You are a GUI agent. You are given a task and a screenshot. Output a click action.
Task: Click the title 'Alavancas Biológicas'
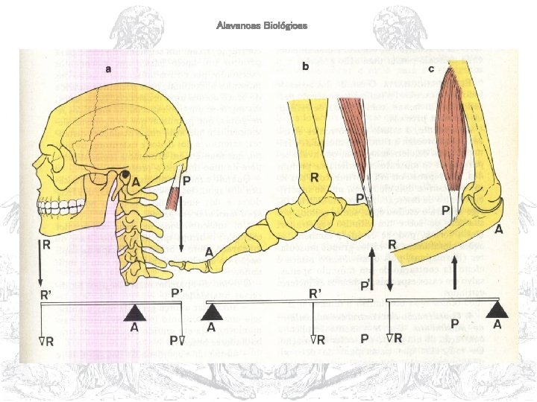262,26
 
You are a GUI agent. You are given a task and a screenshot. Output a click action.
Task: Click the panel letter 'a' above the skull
108,70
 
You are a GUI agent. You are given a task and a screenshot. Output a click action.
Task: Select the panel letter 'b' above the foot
305,66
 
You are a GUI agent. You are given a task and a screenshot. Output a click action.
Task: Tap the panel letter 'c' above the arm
431,68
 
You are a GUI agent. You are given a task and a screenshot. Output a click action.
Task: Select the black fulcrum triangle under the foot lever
213,312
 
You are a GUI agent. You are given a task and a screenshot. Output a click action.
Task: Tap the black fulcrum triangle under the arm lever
498,308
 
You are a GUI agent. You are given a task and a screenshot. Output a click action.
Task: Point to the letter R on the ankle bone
315,179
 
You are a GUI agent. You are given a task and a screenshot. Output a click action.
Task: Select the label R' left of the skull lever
46,294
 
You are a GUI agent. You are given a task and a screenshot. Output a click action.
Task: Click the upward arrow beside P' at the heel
373,269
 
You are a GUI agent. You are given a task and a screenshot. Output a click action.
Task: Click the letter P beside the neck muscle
186,181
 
